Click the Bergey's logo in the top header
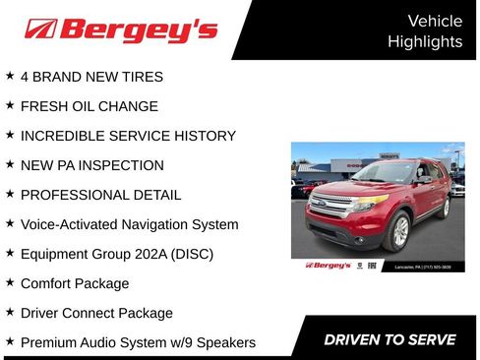(121, 30)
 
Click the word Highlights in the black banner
(424, 41)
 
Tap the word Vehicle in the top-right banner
(434, 21)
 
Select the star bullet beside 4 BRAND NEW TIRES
(10, 76)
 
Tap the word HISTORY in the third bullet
(201, 136)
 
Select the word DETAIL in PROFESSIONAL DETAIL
(156, 195)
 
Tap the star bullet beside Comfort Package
(10, 282)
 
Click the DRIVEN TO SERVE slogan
(390, 340)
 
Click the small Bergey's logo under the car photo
(328, 265)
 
